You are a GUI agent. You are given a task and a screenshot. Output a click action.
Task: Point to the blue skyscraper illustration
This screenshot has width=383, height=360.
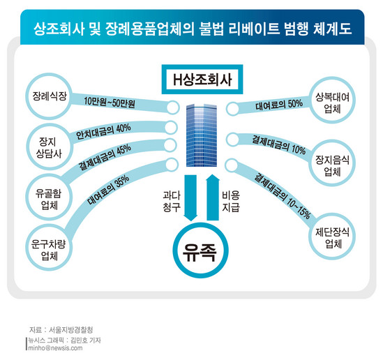pyautogui.click(x=202, y=135)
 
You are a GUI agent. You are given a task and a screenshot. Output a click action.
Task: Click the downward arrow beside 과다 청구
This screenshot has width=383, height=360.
pyautogui.click(x=190, y=198)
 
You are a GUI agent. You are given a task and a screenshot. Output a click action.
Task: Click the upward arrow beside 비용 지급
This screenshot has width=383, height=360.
pyautogui.click(x=213, y=197)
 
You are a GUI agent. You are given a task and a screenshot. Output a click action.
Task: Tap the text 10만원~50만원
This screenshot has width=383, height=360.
pyautogui.click(x=110, y=102)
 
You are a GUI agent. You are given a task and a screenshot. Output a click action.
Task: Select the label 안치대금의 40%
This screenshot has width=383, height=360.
pyautogui.click(x=103, y=132)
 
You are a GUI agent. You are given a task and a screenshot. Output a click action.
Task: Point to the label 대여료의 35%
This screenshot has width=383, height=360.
pyautogui.click(x=108, y=190)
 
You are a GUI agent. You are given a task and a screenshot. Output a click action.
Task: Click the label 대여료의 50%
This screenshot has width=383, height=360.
pyautogui.click(x=279, y=105)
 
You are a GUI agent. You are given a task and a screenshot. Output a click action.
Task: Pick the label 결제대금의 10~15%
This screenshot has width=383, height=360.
pyautogui.click(x=283, y=196)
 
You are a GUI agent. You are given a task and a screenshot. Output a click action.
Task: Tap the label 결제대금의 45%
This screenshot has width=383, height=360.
pyautogui.click(x=105, y=158)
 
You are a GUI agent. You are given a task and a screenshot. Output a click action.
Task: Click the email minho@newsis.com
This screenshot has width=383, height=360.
pyautogui.click(x=55, y=347)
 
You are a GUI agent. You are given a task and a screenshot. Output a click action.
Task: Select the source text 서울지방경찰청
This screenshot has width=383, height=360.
pyautogui.click(x=71, y=330)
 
